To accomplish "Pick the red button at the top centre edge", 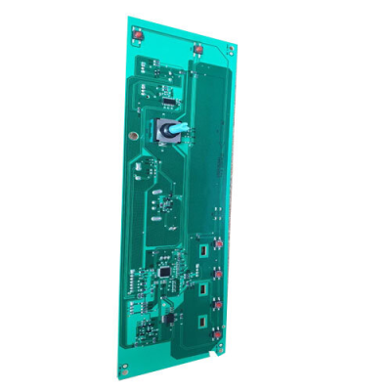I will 199,48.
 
